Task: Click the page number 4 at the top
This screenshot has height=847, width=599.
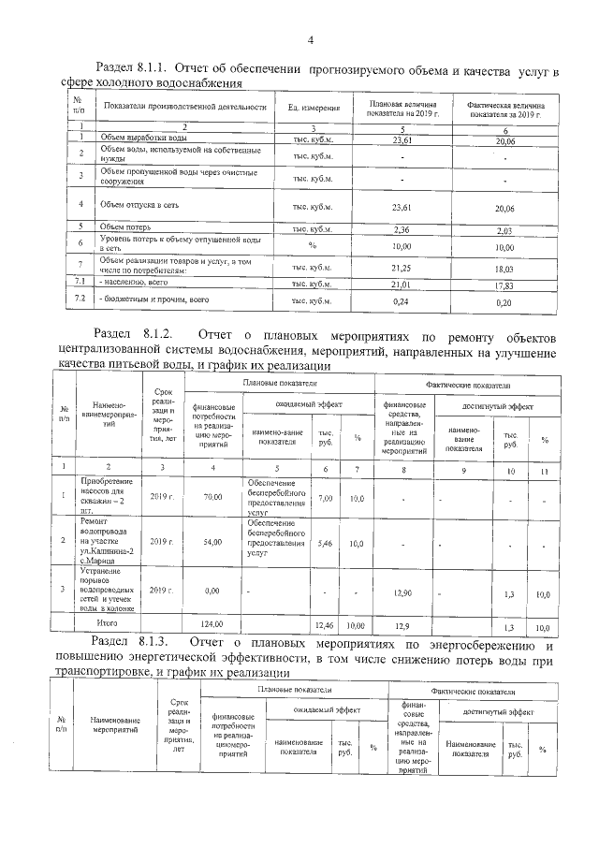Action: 309,38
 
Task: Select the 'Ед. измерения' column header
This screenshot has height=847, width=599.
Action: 313,109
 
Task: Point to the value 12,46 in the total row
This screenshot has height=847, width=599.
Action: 325,623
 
